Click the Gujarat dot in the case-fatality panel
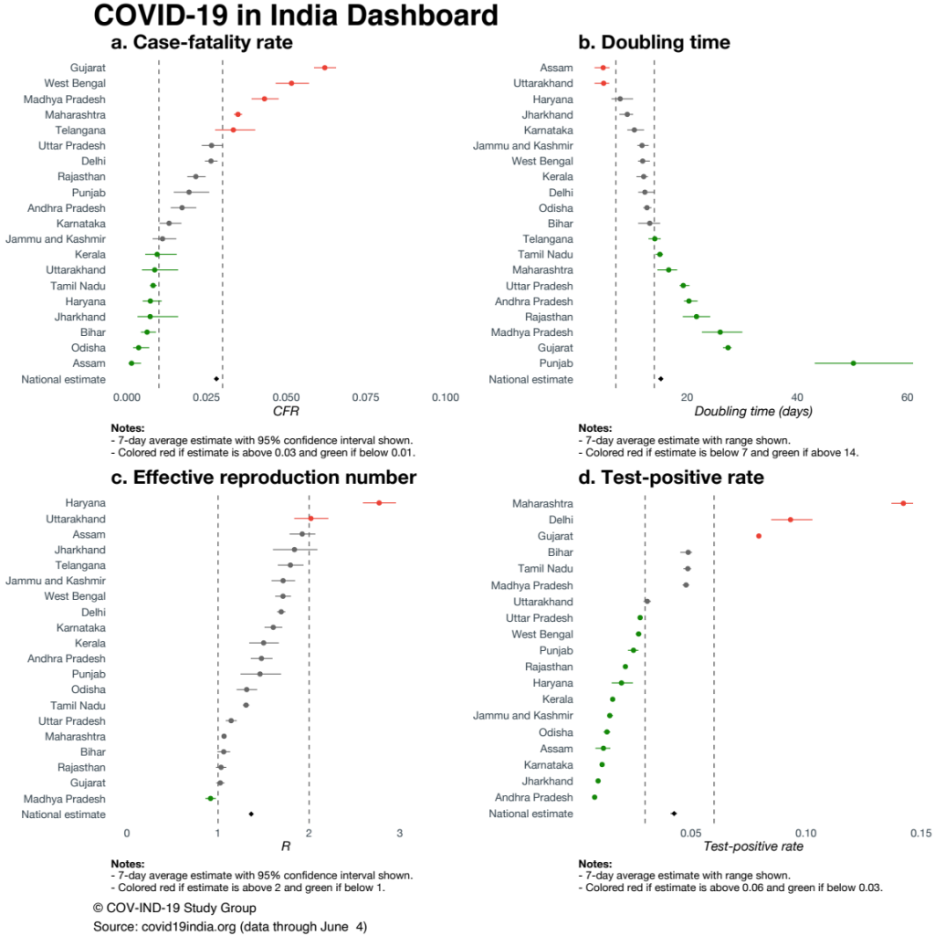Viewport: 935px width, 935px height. [x=324, y=68]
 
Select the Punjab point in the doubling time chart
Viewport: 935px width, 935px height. [x=853, y=363]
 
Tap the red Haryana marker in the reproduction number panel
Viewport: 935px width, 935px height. [x=379, y=502]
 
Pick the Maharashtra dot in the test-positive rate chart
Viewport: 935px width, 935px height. [x=903, y=503]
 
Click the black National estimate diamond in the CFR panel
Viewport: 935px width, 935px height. [x=216, y=379]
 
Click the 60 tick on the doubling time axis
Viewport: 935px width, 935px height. [x=907, y=398]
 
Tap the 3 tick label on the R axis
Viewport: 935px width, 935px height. [x=400, y=833]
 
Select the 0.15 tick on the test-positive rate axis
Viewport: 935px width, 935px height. [x=919, y=833]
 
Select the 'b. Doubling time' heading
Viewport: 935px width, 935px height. [x=654, y=42]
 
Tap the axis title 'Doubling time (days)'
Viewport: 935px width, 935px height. [x=753, y=412]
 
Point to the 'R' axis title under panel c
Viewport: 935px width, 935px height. [x=286, y=846]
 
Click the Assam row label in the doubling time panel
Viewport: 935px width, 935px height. [x=556, y=68]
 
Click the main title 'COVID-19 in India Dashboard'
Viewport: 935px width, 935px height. [x=295, y=16]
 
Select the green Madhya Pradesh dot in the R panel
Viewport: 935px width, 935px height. [x=210, y=799]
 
